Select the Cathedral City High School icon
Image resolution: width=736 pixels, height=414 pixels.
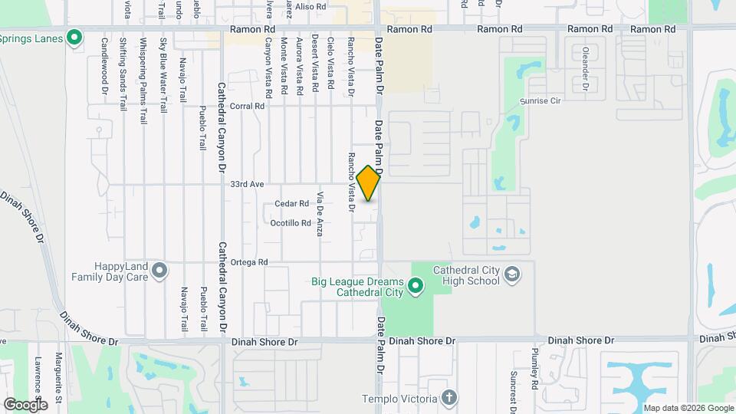point(512,274)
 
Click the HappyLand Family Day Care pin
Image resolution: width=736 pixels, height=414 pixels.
point(159,270)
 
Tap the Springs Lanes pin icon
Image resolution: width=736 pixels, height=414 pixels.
point(74,37)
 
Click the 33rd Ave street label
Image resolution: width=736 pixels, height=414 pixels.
point(247,185)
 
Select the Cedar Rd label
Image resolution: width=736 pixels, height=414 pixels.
point(292,204)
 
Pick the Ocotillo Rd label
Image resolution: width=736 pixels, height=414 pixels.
point(291,224)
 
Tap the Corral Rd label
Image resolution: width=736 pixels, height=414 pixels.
point(246,107)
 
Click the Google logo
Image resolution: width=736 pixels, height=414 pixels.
point(25,404)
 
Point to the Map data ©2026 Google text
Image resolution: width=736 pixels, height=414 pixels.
point(688,407)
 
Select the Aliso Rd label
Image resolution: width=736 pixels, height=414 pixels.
point(311,6)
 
